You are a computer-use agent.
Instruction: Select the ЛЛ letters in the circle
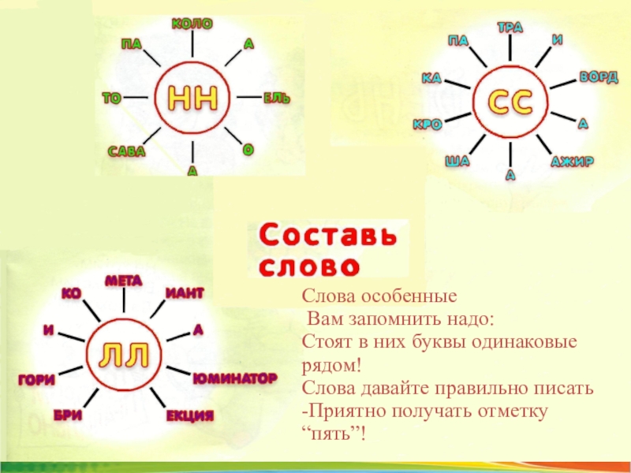pos(123,356)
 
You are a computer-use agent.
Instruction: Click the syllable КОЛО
pos(192,24)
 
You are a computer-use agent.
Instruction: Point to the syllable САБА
pos(127,151)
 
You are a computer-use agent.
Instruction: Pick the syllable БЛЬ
pos(277,98)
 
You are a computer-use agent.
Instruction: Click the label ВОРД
pos(599,77)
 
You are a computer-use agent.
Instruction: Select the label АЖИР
pos(572,162)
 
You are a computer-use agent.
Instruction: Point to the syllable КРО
pos(427,125)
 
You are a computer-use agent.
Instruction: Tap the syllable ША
pos(457,162)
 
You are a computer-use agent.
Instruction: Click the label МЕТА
pos(124,279)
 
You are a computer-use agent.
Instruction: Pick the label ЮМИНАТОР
pos(234,378)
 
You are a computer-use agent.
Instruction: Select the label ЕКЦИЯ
pos(189,415)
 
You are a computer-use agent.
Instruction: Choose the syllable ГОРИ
pos(36,380)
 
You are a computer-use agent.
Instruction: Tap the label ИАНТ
pos(185,293)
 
